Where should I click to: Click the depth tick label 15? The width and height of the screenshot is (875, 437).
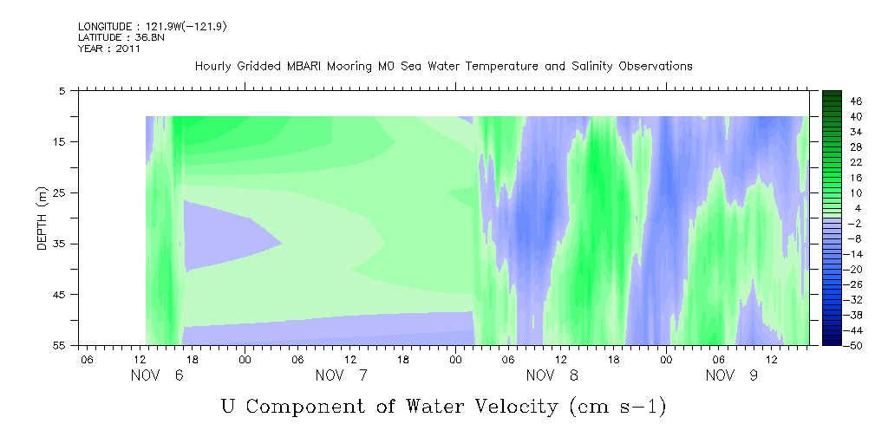tap(59, 141)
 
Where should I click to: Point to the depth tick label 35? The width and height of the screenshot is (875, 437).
tap(59, 244)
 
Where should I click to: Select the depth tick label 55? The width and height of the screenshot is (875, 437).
tap(59, 345)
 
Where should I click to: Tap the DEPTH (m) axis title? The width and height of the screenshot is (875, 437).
tap(42, 218)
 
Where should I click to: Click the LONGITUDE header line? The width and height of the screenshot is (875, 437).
tap(153, 27)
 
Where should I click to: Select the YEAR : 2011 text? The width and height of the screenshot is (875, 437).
tap(109, 49)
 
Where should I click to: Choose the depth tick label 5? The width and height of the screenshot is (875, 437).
tap(62, 90)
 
